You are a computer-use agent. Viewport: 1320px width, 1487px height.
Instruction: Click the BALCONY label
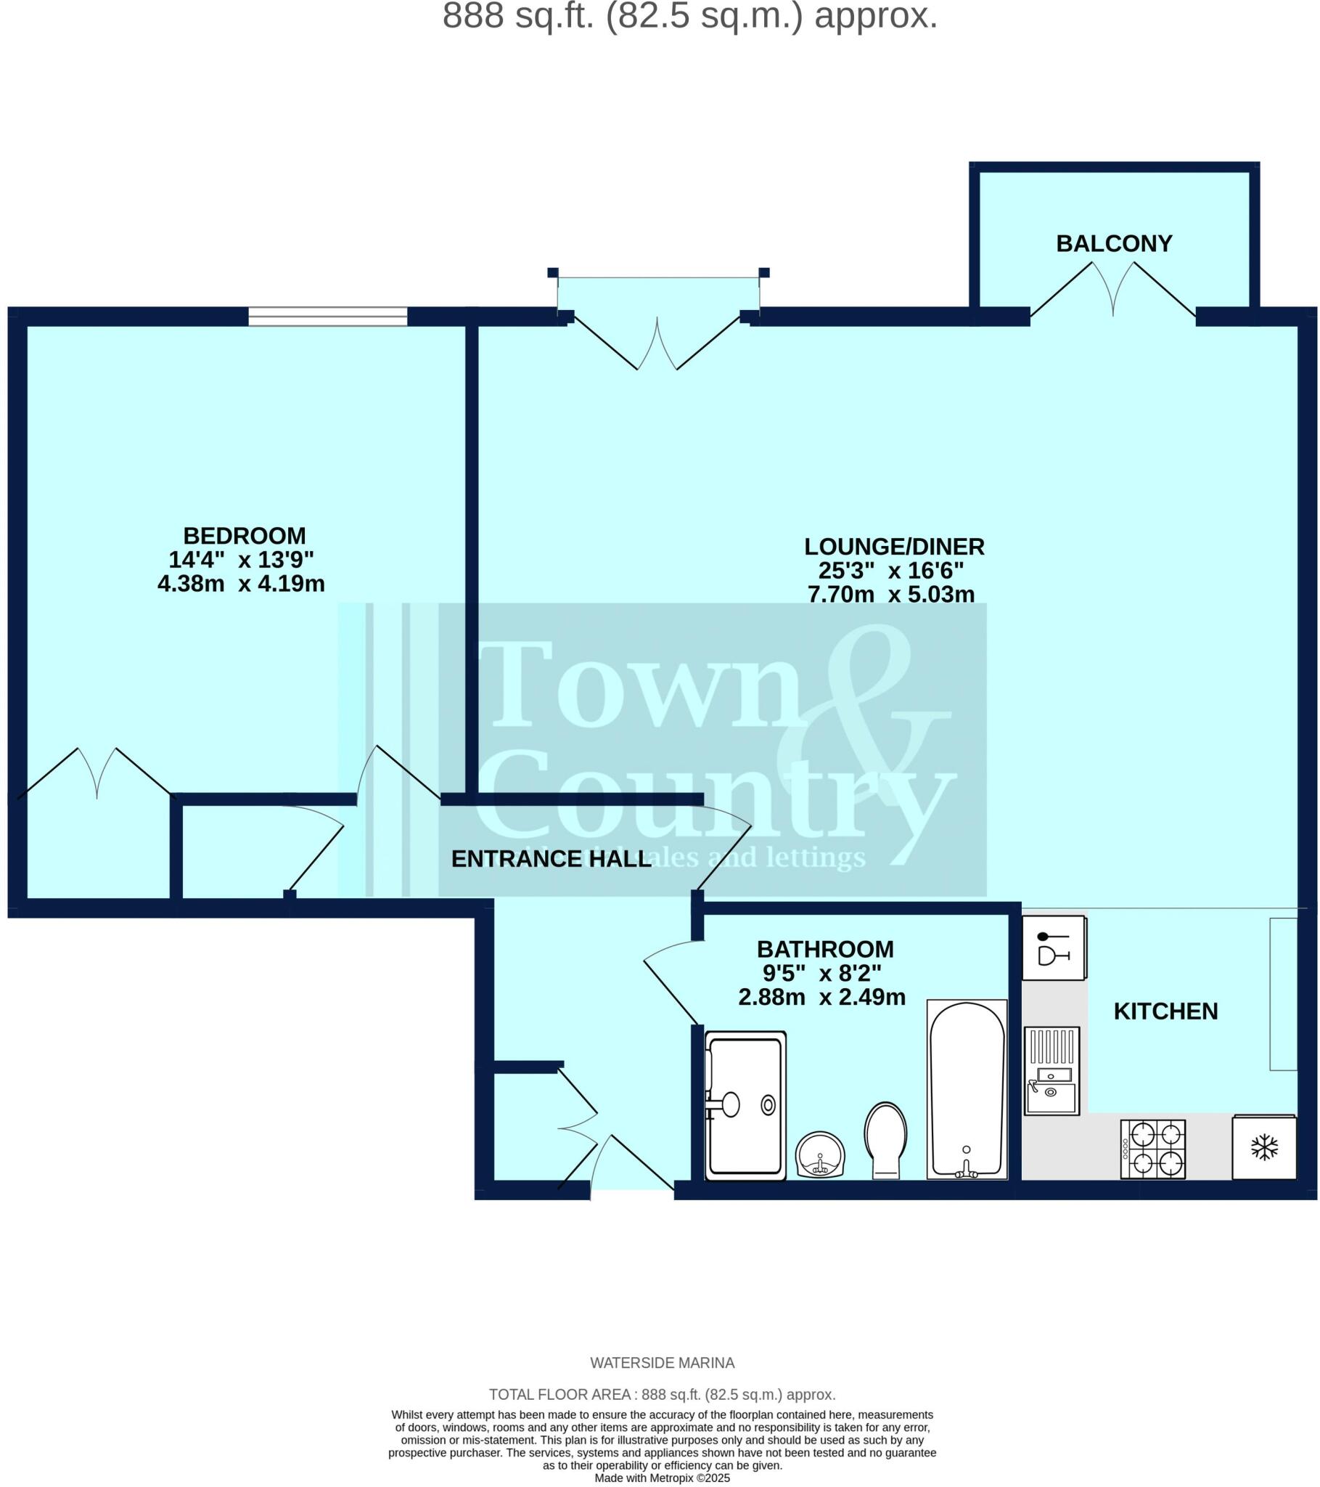1113,243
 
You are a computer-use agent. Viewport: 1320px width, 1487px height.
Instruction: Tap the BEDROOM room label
245,536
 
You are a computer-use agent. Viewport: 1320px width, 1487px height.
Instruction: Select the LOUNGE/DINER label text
894,546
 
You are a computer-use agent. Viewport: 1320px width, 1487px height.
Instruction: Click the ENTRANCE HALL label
551,859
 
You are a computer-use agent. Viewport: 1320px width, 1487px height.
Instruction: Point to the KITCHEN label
1165,1011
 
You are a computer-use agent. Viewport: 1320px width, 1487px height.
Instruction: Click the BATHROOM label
824,950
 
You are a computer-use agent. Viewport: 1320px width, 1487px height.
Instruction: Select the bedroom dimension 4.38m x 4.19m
241,584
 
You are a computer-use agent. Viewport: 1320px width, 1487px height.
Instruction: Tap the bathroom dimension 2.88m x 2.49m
821,997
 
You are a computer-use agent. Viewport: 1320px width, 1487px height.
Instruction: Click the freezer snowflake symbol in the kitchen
1264,1148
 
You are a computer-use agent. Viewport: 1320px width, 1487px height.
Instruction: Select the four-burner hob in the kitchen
1152,1149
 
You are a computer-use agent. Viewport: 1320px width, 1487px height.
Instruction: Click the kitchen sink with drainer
1052,1070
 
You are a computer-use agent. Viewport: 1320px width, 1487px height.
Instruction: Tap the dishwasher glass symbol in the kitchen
1053,948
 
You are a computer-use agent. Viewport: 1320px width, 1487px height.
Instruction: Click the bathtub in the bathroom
967,1088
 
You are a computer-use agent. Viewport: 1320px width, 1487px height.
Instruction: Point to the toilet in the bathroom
885,1139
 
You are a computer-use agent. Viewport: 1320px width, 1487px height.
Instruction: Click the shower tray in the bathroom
745,1106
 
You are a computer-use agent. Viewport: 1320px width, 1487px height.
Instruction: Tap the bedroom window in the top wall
327,317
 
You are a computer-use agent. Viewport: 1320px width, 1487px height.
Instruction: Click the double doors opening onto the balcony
1113,291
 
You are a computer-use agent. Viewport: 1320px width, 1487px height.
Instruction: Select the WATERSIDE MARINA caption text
662,1363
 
